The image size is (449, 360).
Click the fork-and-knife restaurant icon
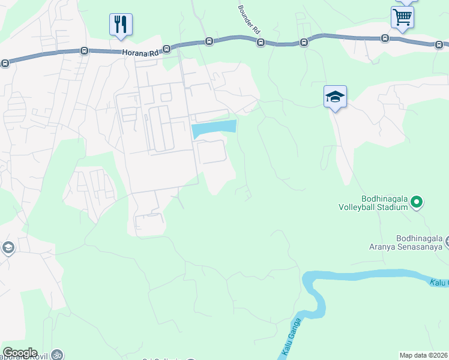[121, 24]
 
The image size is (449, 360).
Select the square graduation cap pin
[335, 97]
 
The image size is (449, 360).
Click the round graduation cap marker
[8, 248]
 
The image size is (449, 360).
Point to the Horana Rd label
[140, 53]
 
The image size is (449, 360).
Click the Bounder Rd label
[249, 20]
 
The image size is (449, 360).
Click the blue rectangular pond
[214, 128]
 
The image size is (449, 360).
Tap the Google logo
[20, 353]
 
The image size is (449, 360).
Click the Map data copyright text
[424, 355]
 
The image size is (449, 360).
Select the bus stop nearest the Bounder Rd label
[261, 42]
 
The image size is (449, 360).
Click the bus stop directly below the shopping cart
[385, 38]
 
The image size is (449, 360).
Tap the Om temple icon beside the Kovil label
[57, 355]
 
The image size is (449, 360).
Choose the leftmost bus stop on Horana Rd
[5, 62]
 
